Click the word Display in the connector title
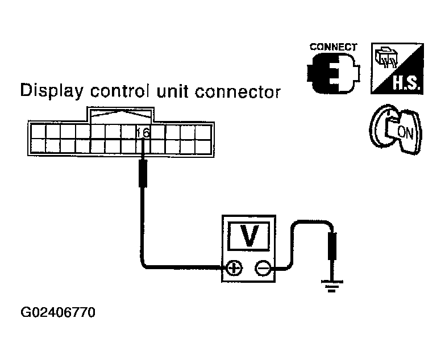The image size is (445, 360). pos(52,91)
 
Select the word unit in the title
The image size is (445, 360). pos(172,91)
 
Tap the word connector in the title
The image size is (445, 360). pos(238,93)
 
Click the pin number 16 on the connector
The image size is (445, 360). pos(143,133)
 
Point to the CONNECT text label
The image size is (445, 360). pos(333,47)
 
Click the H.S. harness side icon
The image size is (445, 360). pos(397,69)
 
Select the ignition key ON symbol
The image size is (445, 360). pos(396,129)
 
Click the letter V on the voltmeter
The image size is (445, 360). pos(249,236)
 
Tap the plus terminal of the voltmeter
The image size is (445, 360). pos(234,267)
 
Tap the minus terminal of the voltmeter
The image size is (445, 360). pos(263,268)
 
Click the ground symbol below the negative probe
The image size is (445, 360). pos(332,286)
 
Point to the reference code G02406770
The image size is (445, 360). pos(58,312)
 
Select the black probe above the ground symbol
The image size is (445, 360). pos(332,245)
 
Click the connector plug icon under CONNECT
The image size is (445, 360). pos(333,73)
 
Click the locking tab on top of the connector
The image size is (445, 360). pos(120,115)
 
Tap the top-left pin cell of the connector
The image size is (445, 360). pos(38,132)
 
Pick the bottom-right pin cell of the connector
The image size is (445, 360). pos(203,146)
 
